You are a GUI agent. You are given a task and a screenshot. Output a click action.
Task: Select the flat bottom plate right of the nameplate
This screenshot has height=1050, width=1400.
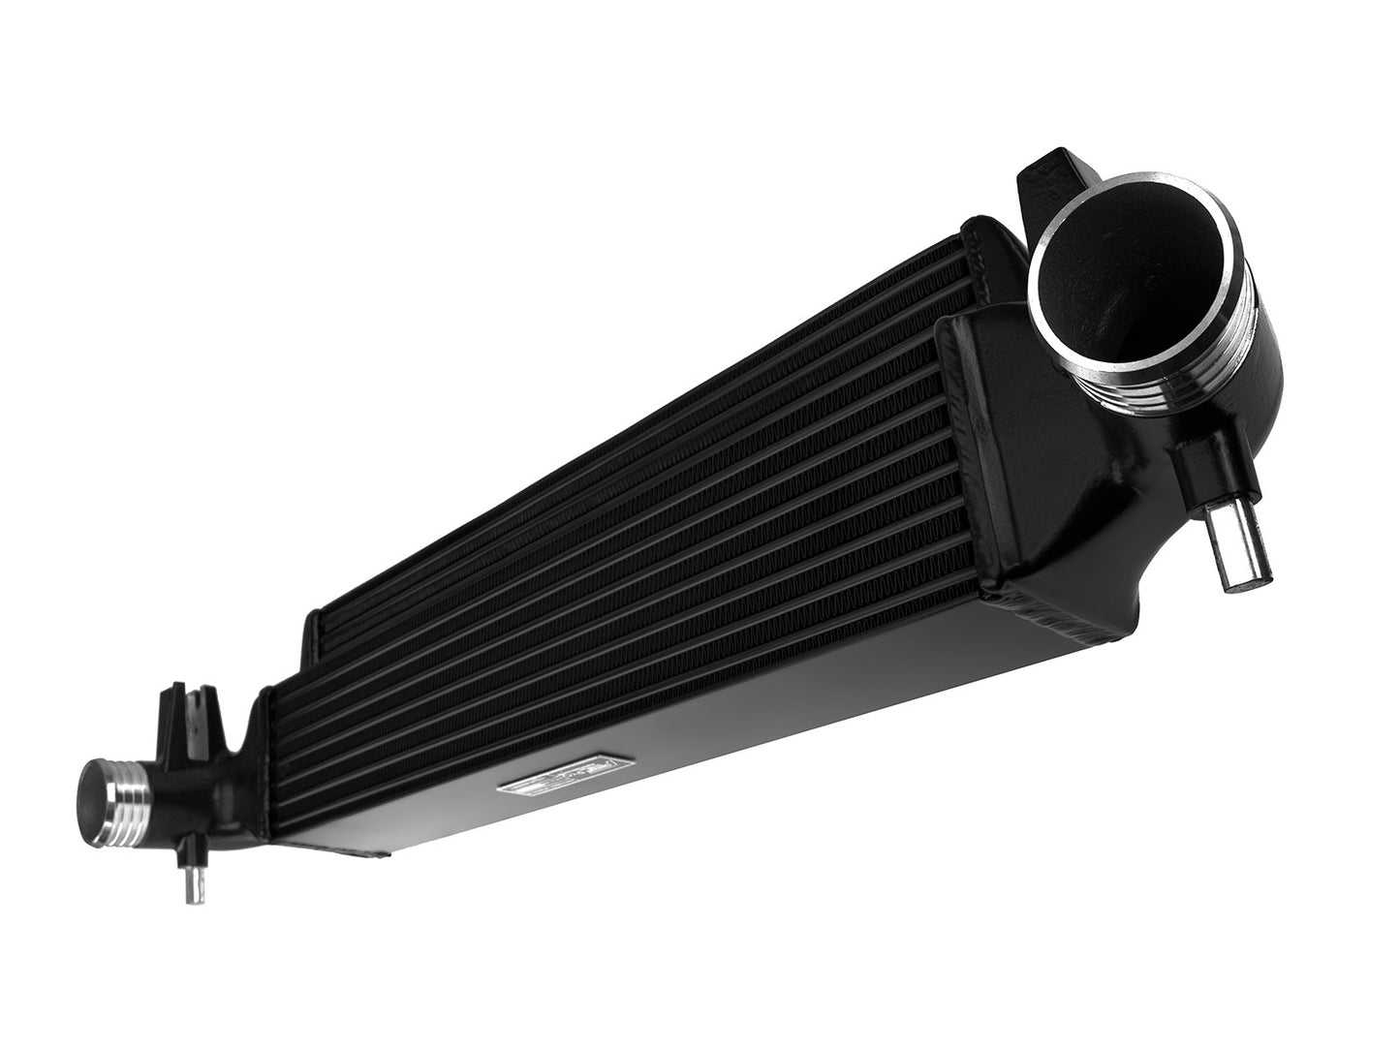click(x=775, y=697)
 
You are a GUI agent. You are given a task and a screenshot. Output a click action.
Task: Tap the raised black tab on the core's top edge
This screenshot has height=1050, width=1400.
click(x=315, y=634)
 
